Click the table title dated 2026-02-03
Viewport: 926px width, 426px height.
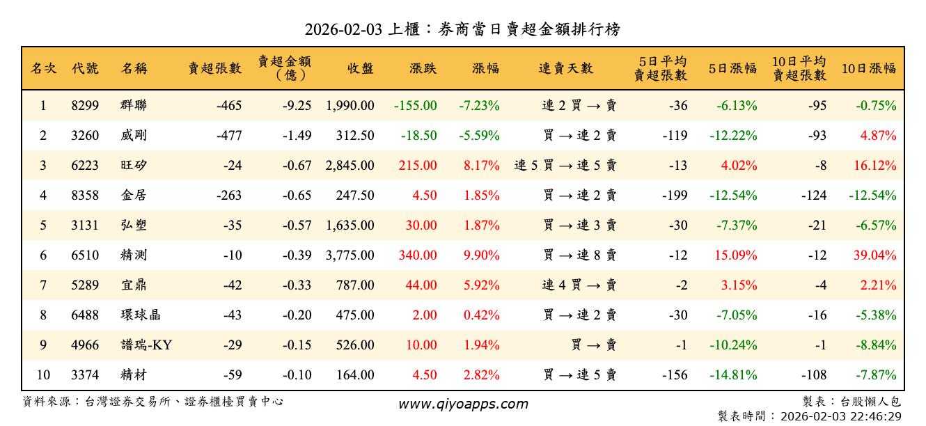[462, 29]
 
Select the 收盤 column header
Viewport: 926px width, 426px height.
[360, 68]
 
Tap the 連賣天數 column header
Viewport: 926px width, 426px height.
[565, 68]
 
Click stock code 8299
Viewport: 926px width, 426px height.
[85, 106]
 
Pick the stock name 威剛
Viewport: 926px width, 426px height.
[133, 136]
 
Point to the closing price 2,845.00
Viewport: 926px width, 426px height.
[350, 166]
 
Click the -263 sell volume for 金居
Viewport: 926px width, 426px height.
[229, 196]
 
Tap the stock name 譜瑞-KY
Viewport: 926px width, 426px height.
[146, 345]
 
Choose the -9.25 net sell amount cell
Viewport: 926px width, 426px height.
[297, 106]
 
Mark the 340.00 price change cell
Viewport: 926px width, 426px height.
[418, 255]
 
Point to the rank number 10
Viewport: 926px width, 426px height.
[43, 375]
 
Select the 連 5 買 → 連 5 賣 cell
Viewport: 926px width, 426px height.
[565, 166]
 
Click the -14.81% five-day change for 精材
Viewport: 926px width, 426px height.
[733, 375]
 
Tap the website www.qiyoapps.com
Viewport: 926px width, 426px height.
[463, 404]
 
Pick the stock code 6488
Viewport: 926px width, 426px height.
[85, 315]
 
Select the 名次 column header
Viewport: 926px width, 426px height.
[43, 68]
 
